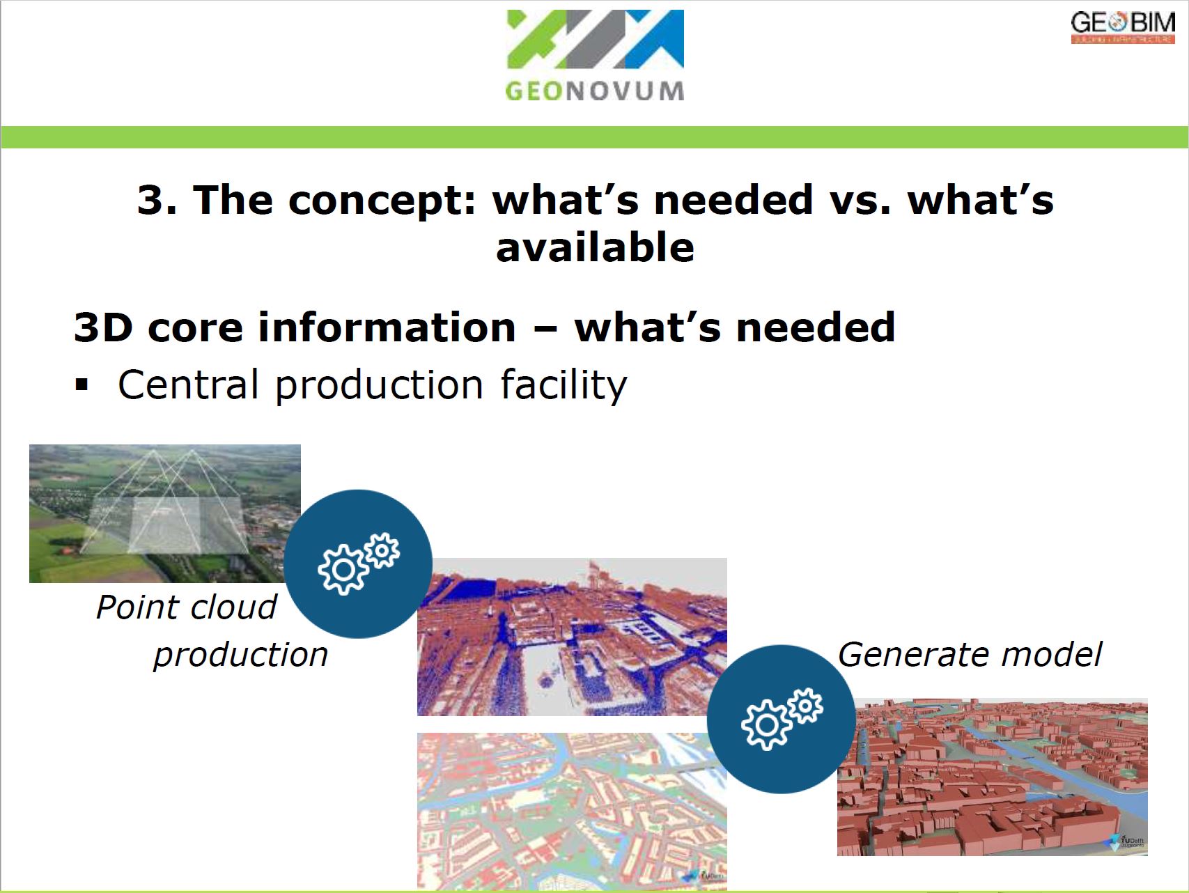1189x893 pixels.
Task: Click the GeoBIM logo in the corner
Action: click(x=1122, y=27)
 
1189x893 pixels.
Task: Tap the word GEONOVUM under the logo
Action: click(x=594, y=91)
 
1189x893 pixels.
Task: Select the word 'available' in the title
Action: click(x=595, y=248)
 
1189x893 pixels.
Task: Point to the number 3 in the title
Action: click(x=151, y=200)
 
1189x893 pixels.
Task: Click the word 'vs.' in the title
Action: click(x=860, y=200)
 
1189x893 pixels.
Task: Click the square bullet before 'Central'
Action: click(x=82, y=385)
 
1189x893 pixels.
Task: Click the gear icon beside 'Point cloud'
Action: click(x=358, y=564)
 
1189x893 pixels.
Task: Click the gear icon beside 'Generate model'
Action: click(x=781, y=719)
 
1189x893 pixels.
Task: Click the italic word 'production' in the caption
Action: click(x=240, y=655)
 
